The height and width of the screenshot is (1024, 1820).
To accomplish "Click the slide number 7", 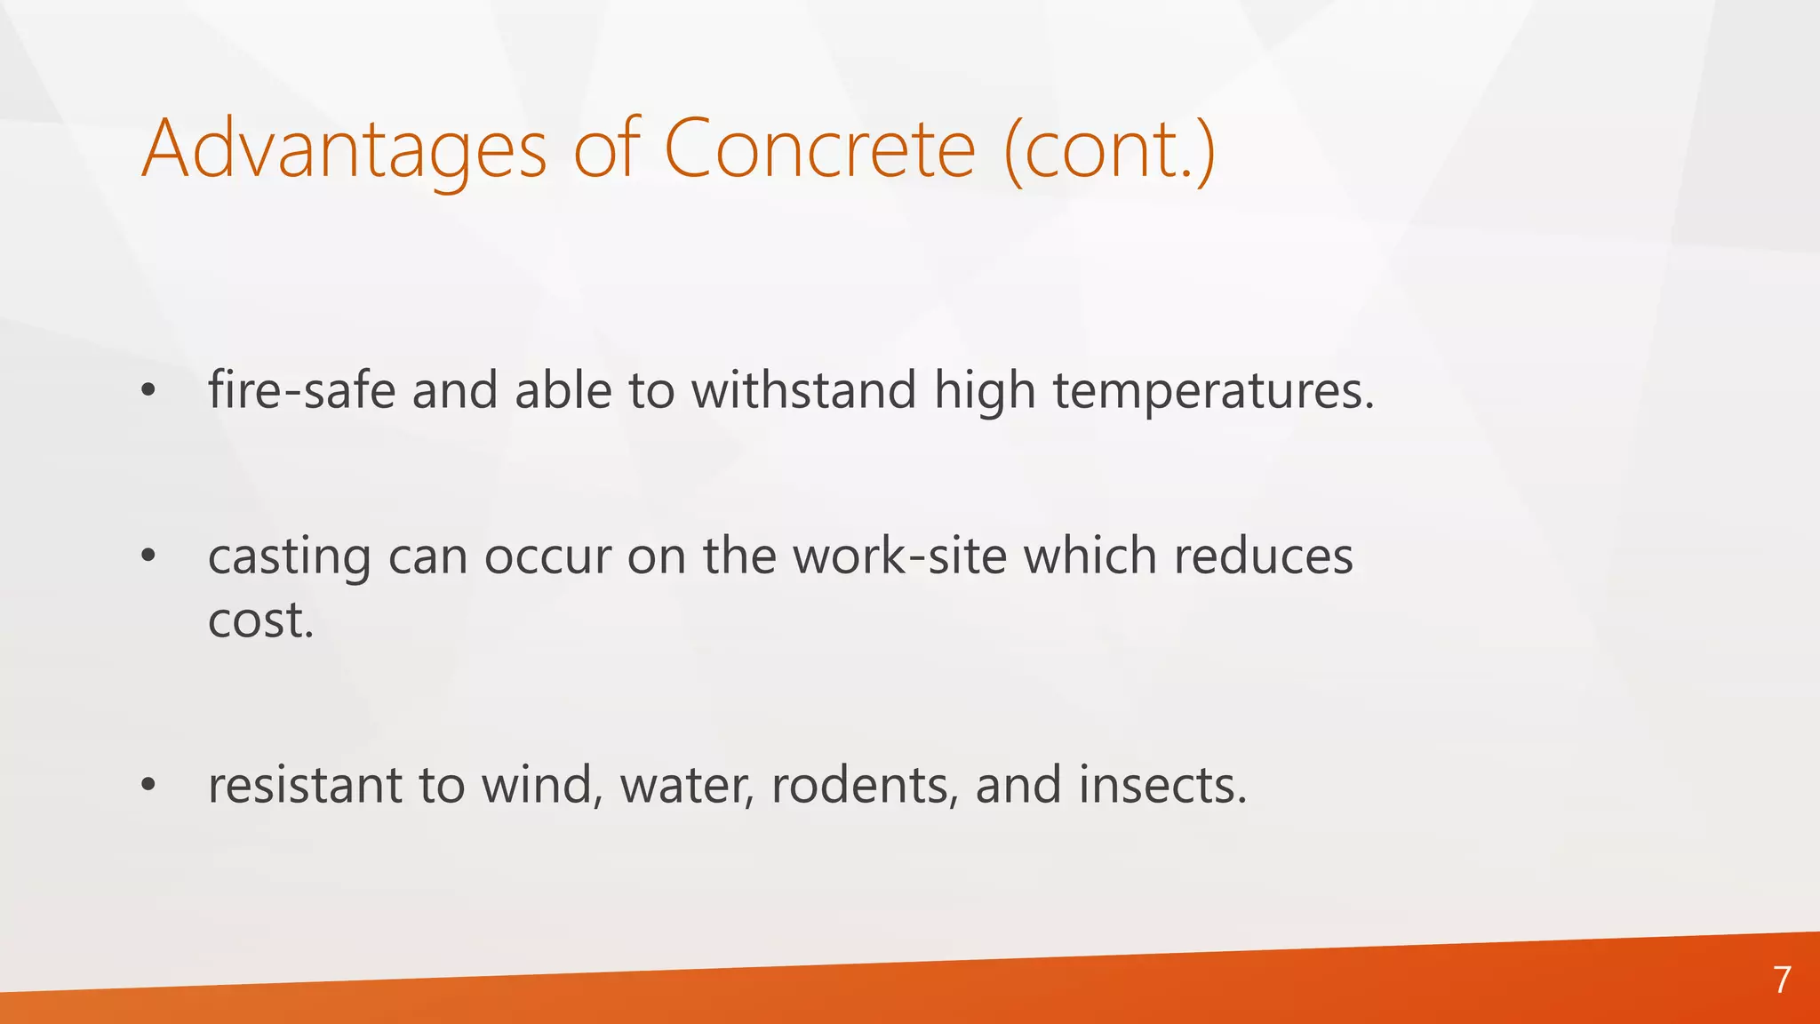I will [1782, 980].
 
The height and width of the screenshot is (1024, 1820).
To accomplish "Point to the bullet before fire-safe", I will [148, 390].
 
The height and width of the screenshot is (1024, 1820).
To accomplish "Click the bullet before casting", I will [148, 556].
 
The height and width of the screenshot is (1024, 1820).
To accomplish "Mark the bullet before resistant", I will [148, 785].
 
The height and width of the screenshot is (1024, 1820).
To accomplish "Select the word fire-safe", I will [301, 390].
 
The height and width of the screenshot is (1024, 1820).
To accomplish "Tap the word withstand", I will [803, 390].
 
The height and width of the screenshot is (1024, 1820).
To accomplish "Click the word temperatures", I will [1213, 390].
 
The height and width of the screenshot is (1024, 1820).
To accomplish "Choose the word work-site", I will [900, 556].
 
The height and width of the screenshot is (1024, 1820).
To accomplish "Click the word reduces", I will [1263, 556].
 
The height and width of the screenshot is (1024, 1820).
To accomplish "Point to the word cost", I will [260, 620].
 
